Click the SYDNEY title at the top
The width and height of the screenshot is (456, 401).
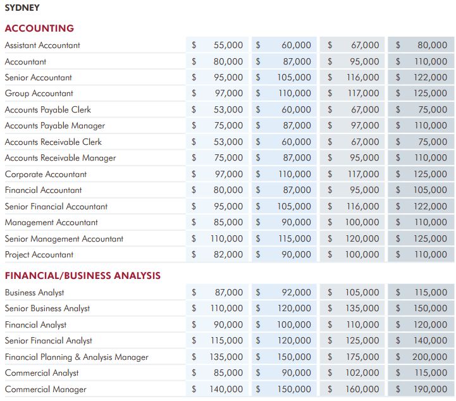point(22,8)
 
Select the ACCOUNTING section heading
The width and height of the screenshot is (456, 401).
point(40,28)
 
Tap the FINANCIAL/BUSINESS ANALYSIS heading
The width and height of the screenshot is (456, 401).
point(83,275)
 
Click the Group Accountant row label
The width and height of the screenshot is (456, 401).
point(39,94)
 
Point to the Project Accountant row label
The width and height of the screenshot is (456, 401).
point(39,255)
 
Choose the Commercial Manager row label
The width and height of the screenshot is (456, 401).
point(46,390)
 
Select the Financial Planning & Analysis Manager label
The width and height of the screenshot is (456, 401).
point(77,357)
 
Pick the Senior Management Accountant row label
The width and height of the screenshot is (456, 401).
point(64,238)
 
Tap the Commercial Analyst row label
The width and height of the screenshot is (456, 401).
point(42,373)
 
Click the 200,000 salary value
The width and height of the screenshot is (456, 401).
point(429,357)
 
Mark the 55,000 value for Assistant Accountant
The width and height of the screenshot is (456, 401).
point(228,45)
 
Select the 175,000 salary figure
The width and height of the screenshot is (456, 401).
point(362,357)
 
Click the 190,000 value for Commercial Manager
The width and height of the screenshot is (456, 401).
point(431,389)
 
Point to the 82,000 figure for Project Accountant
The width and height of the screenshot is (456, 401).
point(228,254)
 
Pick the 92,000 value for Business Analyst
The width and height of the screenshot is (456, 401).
point(297,292)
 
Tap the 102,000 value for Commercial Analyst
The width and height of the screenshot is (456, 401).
point(362,373)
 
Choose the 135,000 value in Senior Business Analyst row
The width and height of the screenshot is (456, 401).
point(362,308)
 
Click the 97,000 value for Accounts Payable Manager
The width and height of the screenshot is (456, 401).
point(365,126)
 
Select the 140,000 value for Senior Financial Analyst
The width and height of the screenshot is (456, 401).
point(431,340)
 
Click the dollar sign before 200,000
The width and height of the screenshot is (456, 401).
point(398,357)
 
